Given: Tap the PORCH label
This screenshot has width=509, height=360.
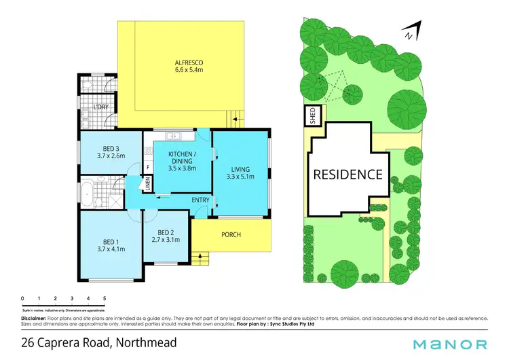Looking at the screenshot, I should tap(231, 235).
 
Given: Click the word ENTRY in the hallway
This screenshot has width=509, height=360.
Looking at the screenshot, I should tap(200, 200).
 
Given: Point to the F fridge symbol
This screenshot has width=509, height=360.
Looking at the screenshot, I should tap(147, 166).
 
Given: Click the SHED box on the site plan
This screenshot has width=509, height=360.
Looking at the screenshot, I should tap(313, 115).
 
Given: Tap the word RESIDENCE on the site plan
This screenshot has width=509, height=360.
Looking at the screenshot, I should tap(347, 175).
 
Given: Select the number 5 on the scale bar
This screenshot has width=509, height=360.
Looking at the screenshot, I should tap(105, 299).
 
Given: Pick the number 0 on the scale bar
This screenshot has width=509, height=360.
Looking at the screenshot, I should tap(22, 299).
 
